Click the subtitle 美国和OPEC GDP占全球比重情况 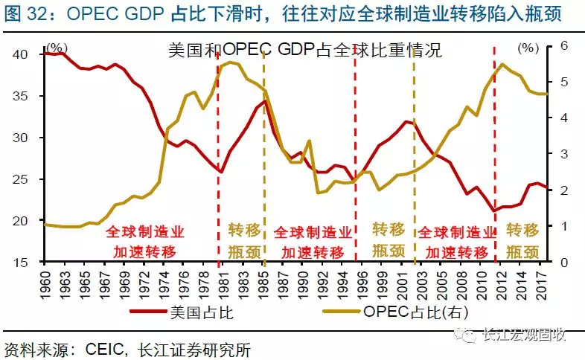click(304, 51)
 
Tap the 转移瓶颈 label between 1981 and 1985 click(243, 239)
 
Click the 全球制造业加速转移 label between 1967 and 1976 click(144, 240)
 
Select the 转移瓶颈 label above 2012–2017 click(522, 239)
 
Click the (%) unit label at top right click(528, 48)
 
